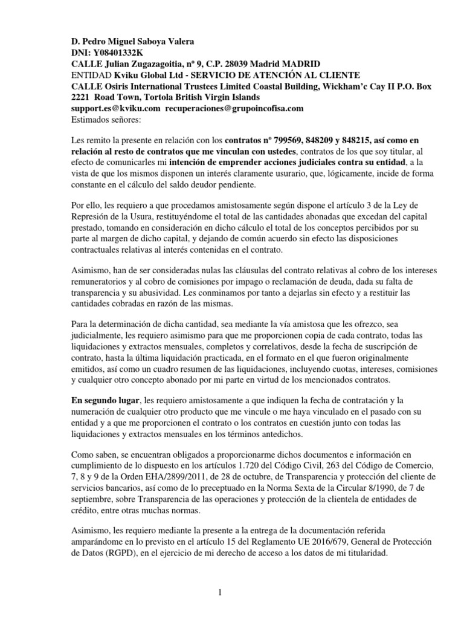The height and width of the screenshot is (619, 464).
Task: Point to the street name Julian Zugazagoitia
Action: (x=144, y=64)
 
